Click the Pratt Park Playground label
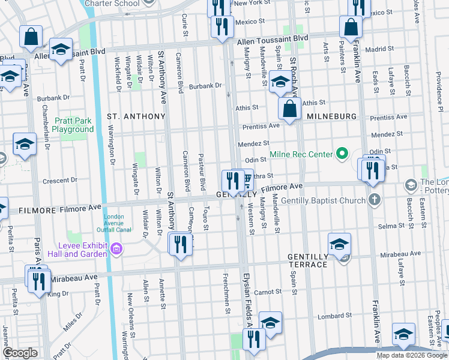(x=73, y=125)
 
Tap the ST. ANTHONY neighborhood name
(x=136, y=116)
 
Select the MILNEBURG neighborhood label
(x=332, y=116)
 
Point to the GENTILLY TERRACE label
(x=308, y=256)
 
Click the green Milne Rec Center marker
(x=342, y=154)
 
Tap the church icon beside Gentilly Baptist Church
(x=375, y=199)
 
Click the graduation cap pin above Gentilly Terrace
(x=339, y=244)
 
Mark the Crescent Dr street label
(x=61, y=180)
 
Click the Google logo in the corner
(x=20, y=353)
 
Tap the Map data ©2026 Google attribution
(x=411, y=355)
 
